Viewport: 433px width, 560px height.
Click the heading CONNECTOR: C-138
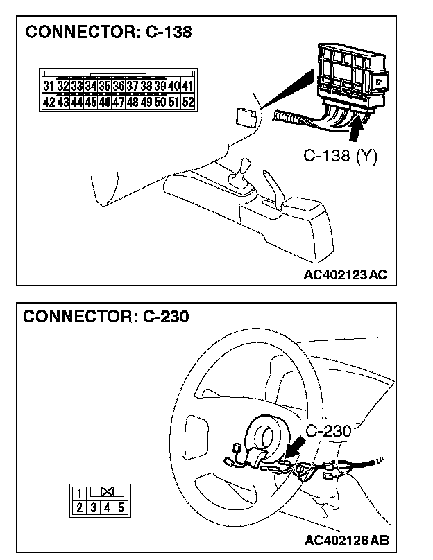coord(108,33)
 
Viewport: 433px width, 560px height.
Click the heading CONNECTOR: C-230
coord(106,317)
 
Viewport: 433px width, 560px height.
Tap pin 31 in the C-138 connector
coord(49,87)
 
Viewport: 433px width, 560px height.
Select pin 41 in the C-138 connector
coord(188,87)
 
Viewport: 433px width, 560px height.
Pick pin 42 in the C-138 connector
coord(49,102)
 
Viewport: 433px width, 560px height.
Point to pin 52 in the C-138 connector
coord(188,102)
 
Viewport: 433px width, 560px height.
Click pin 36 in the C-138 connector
coord(118,87)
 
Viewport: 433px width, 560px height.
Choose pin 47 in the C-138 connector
coord(118,102)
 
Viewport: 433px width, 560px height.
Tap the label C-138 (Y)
coord(341,157)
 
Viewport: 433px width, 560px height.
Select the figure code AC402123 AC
coord(345,274)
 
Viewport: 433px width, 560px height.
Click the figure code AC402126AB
coord(345,540)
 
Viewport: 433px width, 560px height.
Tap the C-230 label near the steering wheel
coord(328,430)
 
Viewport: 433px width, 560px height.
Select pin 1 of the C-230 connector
coord(80,494)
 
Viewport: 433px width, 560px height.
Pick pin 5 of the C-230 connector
coord(121,507)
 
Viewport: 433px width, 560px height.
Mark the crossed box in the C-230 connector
coord(107,493)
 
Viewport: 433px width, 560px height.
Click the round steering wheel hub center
coord(265,435)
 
